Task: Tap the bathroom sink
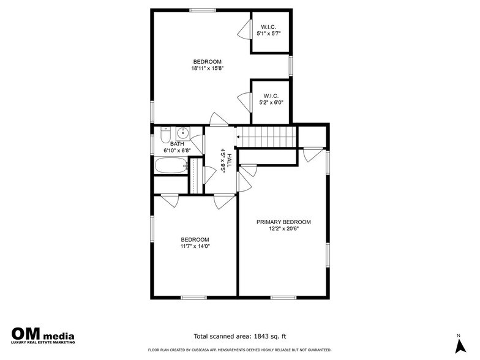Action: (182, 133)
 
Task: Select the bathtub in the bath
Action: (171, 165)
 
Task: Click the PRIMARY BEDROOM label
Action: (283, 222)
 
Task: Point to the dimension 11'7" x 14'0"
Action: (195, 246)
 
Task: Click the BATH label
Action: (178, 144)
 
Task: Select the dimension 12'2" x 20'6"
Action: (283, 229)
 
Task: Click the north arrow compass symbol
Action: (460, 346)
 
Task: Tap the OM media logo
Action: (43, 336)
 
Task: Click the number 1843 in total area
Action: (261, 336)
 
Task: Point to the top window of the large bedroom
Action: (202, 10)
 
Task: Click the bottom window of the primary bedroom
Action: (283, 298)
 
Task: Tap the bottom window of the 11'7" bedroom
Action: (193, 298)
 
